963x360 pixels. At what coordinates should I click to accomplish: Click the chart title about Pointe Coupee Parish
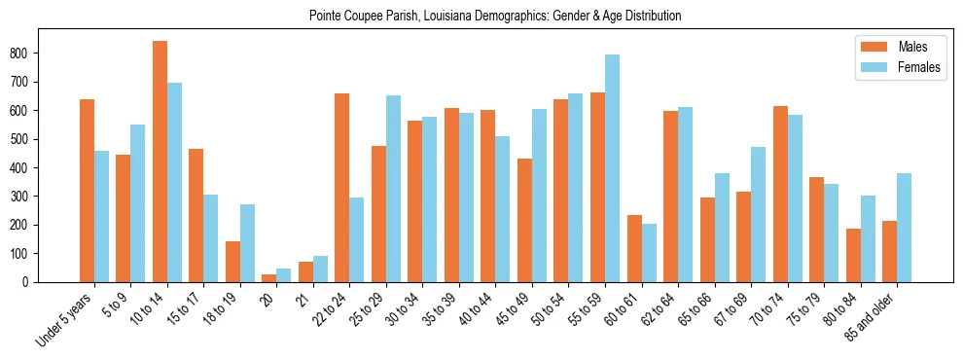click(x=494, y=16)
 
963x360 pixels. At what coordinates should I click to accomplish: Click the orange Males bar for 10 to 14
click(x=160, y=162)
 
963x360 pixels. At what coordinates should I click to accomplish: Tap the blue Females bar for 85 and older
click(x=904, y=228)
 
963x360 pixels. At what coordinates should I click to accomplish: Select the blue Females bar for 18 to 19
click(x=247, y=243)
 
